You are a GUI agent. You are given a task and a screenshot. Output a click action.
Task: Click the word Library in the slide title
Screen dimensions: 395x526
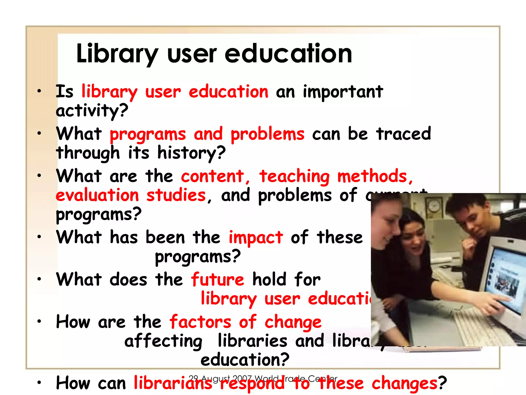click(117, 54)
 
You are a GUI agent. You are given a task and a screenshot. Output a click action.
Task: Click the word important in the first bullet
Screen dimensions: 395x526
click(343, 92)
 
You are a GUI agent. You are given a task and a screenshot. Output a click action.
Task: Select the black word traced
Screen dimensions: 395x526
click(403, 134)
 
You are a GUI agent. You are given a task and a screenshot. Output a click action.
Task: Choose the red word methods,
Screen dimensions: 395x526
click(375, 176)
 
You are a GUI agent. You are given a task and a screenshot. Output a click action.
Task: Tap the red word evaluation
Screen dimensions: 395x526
click(97, 195)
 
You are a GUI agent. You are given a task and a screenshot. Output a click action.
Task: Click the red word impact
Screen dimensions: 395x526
click(256, 237)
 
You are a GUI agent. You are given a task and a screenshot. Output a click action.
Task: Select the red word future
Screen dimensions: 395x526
click(217, 280)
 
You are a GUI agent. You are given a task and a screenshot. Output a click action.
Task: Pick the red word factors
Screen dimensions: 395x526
click(200, 322)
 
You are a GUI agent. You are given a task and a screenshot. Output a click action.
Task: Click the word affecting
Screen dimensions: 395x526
click(163, 341)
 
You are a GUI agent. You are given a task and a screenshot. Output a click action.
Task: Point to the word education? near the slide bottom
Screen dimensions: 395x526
click(245, 360)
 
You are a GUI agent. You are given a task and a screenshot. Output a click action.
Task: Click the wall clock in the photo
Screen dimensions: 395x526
click(434, 205)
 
